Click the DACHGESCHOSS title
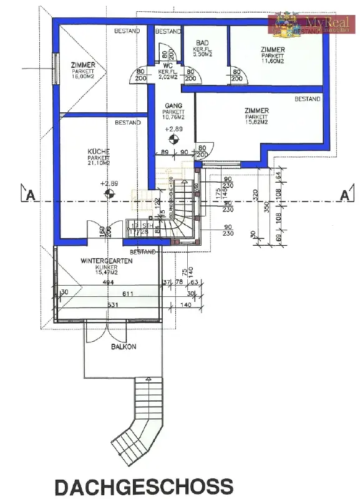coord(144,486)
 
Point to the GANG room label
coord(173,106)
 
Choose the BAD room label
coord(203,43)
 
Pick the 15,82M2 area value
coord(257,122)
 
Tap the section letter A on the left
coord(29,195)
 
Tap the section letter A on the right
coord(343,195)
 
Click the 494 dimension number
coord(110,283)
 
